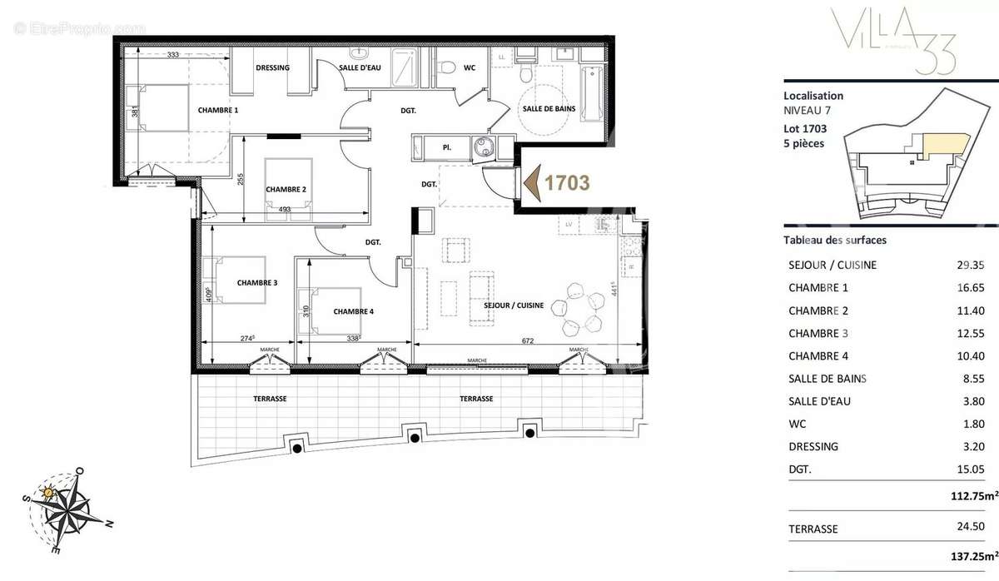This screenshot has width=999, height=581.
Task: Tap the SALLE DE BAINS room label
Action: tap(545, 110)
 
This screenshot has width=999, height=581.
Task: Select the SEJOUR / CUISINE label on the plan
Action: tap(514, 305)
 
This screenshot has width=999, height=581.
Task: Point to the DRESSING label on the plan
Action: tap(272, 67)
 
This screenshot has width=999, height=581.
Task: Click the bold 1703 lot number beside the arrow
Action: tap(567, 181)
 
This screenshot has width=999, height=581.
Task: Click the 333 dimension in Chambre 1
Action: tap(172, 55)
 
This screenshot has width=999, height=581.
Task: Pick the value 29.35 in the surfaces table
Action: tap(971, 265)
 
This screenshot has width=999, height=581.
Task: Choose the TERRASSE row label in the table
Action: tap(813, 528)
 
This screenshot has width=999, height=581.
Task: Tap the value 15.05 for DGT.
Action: tap(971, 469)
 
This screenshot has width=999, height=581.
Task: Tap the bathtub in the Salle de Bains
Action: tap(592, 92)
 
